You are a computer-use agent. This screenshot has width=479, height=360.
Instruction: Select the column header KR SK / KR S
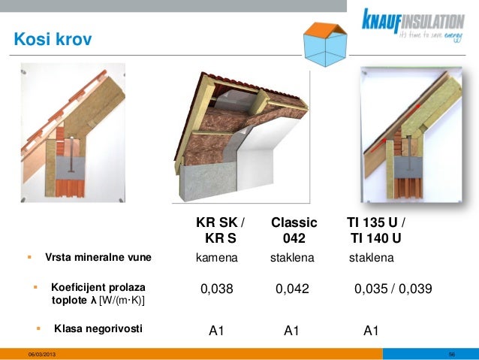(220, 231)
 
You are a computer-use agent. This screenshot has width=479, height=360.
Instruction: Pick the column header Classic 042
(294, 231)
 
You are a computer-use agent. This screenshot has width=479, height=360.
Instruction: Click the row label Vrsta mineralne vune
(98, 258)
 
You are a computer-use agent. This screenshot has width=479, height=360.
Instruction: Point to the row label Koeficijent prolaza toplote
(98, 294)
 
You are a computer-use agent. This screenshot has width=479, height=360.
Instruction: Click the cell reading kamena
(217, 258)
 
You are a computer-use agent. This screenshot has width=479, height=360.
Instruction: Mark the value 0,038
(217, 289)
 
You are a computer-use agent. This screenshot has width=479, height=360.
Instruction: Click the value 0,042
(292, 289)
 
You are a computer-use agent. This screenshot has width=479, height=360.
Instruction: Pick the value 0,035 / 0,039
(392, 289)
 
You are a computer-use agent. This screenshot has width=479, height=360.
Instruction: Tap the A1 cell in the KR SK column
(217, 330)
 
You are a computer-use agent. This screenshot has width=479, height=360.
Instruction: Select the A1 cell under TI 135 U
(371, 330)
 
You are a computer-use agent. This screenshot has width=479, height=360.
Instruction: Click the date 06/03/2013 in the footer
(41, 354)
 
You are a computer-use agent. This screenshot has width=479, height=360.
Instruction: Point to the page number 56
(452, 354)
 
